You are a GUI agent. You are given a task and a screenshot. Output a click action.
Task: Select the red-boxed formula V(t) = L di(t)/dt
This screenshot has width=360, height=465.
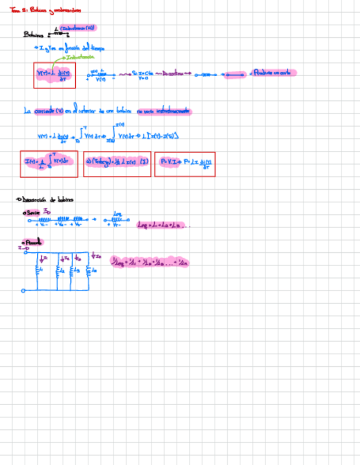click(x=54, y=75)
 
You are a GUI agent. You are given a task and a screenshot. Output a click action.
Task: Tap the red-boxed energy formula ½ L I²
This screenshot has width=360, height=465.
click(x=116, y=163)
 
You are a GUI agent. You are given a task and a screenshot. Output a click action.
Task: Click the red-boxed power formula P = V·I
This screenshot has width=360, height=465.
click(x=184, y=163)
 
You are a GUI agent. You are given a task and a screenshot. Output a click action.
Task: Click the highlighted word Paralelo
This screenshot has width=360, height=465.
click(x=33, y=242)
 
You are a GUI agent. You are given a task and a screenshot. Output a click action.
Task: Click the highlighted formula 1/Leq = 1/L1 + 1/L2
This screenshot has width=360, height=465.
click(x=149, y=263)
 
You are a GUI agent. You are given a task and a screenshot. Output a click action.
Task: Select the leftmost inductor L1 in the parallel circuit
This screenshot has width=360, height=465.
click(x=37, y=270)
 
